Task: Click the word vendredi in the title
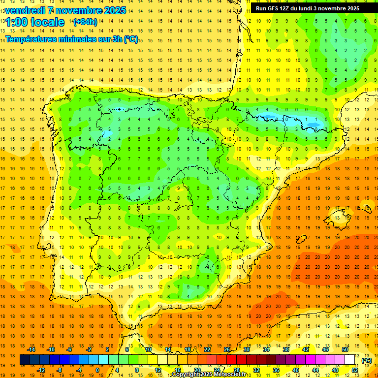(x=26, y=10)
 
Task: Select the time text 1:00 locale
(x=34, y=22)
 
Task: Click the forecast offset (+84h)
(x=85, y=22)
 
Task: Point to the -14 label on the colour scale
(x=31, y=349)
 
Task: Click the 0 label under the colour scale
(x=97, y=370)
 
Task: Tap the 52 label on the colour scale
(x=355, y=370)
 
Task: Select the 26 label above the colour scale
(x=227, y=349)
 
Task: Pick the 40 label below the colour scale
(x=296, y=370)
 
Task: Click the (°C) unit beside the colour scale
(x=366, y=360)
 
